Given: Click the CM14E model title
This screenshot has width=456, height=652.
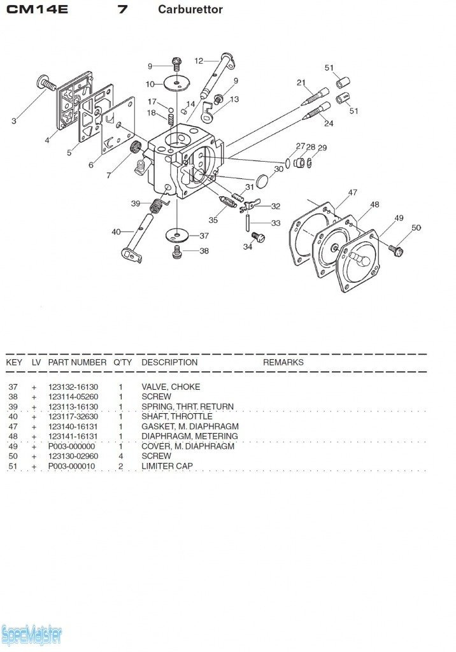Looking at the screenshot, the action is coord(36,10).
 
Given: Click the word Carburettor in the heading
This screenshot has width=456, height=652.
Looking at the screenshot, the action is coord(190,10).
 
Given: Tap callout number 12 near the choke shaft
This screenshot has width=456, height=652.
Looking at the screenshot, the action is coord(199,61).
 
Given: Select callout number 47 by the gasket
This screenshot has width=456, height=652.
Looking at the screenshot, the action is coord(352,192).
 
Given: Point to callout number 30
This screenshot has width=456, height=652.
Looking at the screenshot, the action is coord(278,169).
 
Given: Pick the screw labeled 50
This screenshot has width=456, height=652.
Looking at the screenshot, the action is coord(397,250).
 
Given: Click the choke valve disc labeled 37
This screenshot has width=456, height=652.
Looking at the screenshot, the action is coord(177,236).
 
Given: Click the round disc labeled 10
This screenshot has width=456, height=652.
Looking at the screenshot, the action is coord(177,83).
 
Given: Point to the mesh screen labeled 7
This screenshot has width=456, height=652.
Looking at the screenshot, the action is coord(135,146).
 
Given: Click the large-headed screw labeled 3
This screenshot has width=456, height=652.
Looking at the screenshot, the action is coord(46,83).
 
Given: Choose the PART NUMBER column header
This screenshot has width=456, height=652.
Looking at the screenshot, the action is coord(77,362).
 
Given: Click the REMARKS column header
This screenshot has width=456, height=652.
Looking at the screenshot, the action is coord(283,362).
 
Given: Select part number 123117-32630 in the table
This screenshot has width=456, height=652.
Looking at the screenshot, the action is coord(73,416).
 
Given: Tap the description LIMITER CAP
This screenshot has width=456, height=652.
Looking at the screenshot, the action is coord(167,466).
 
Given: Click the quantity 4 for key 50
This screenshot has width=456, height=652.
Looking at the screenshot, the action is coord(120,456).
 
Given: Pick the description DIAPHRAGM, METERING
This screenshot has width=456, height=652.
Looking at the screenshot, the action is coord(190,436).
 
